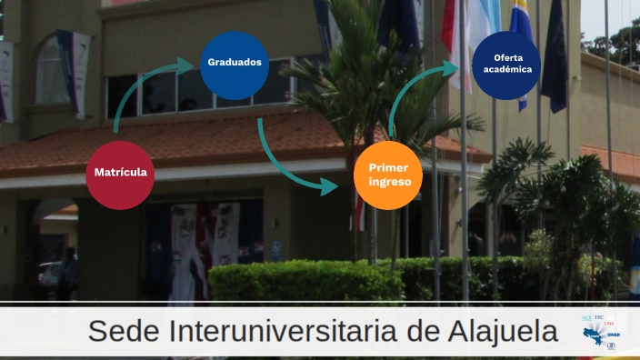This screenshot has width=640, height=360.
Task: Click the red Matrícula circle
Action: point(120,174)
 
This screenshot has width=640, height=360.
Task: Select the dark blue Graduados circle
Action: point(235,65)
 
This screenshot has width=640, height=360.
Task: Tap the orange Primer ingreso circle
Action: point(388,175)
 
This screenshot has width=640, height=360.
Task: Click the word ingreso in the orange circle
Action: point(389,182)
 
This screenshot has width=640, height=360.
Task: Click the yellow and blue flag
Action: point(522,45)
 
